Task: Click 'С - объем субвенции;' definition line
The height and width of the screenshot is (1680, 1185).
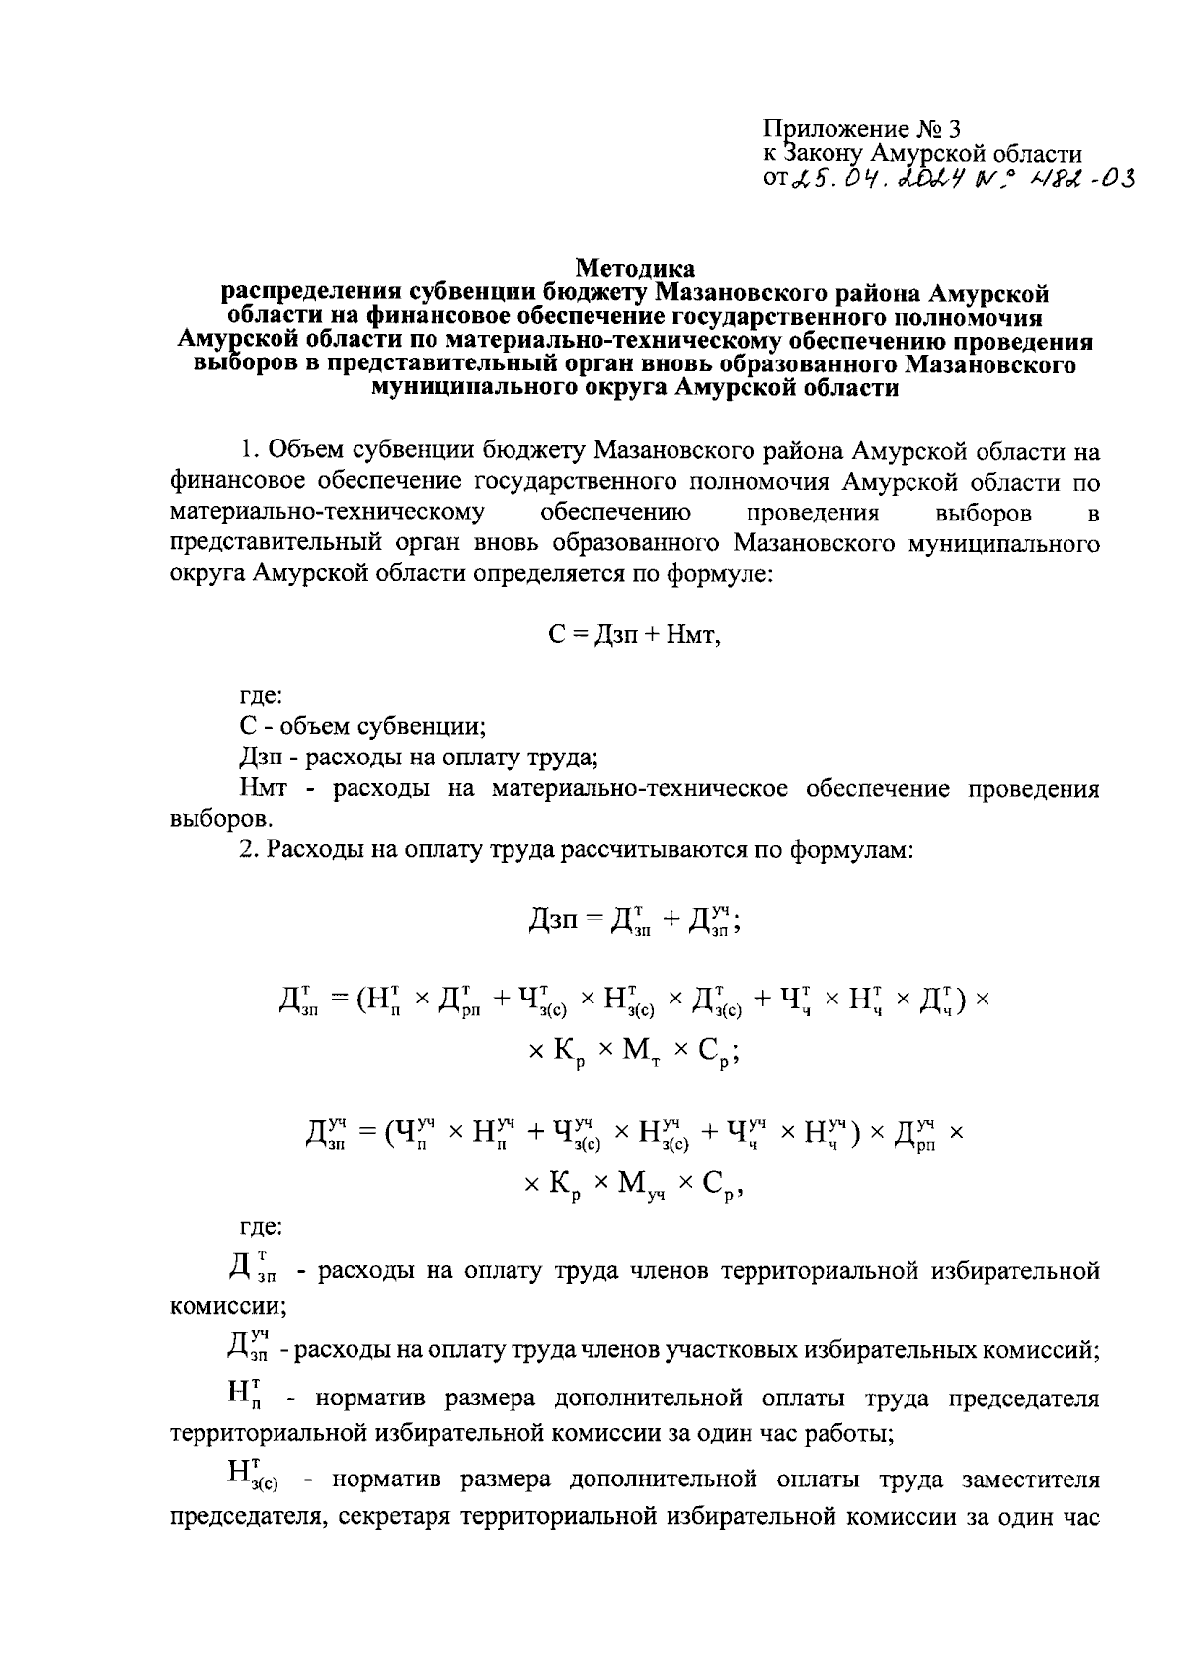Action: click(362, 727)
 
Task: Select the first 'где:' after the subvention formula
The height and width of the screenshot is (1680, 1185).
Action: click(262, 695)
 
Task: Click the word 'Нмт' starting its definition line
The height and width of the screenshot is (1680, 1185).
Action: click(264, 789)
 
